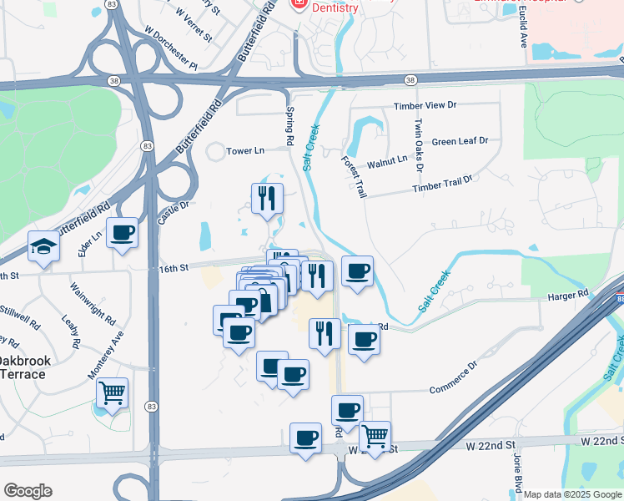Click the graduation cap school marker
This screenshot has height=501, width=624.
click(x=42, y=246)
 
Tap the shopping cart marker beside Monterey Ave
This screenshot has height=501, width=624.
click(x=112, y=392)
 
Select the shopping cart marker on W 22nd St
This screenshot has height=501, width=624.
click(x=375, y=436)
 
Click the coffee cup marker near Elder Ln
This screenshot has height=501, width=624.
click(x=122, y=233)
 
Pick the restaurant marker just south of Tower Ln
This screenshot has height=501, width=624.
click(x=267, y=199)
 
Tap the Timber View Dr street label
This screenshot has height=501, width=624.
click(x=425, y=106)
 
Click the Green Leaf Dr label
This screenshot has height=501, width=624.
click(x=460, y=142)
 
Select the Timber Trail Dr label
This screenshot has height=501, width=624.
click(x=442, y=184)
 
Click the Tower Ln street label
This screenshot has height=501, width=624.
click(x=245, y=151)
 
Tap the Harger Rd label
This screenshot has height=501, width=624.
click(x=568, y=295)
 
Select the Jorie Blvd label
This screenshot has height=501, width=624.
click(x=518, y=476)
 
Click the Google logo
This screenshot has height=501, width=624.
click(x=28, y=491)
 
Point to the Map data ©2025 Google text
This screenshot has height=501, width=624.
click(x=572, y=494)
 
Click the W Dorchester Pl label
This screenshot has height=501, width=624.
click(x=171, y=48)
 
